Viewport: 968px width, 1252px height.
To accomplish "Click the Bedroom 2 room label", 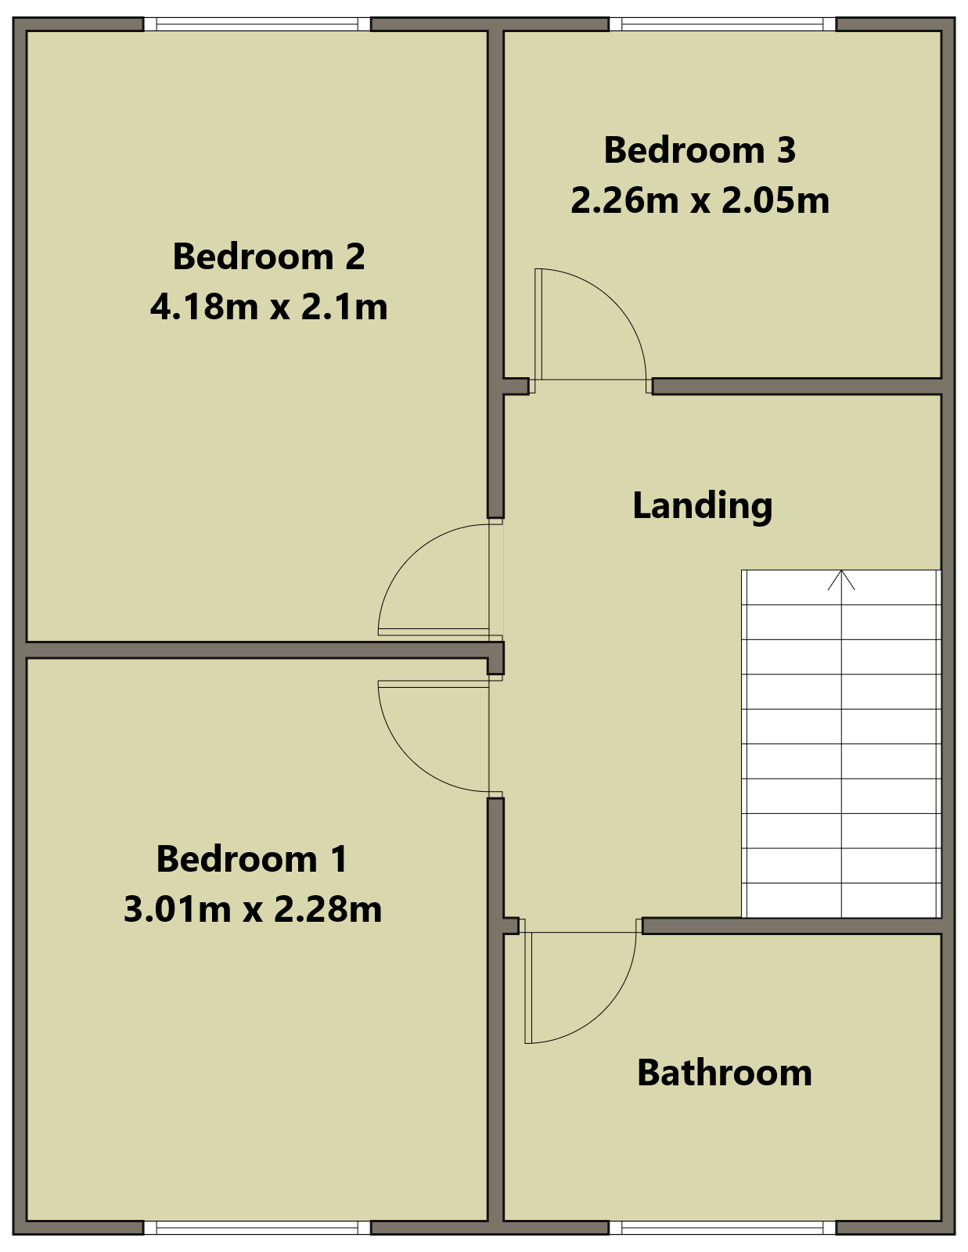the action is pyautogui.click(x=268, y=257).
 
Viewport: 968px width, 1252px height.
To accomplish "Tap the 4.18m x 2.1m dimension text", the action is pyautogui.click(x=268, y=307).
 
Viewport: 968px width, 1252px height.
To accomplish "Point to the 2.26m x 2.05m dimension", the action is pyautogui.click(x=700, y=200).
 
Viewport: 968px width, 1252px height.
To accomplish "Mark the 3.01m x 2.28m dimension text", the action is pyautogui.click(x=253, y=909).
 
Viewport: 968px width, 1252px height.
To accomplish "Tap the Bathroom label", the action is pyautogui.click(x=725, y=1073).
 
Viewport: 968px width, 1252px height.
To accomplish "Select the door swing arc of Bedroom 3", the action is pyautogui.click(x=614, y=300).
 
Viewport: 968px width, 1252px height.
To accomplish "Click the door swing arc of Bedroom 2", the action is pyautogui.click(x=410, y=556).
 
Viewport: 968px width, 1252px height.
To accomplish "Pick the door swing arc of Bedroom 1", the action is pyautogui.click(x=410, y=759).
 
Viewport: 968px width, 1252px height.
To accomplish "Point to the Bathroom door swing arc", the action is pyautogui.click(x=604, y=1009).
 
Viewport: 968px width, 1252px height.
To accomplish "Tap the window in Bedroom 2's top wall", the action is pyautogui.click(x=257, y=24).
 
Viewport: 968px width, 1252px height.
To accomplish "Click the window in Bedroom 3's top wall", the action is pyautogui.click(x=722, y=24).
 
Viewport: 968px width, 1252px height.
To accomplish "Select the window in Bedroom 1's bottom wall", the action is pyautogui.click(x=257, y=1227).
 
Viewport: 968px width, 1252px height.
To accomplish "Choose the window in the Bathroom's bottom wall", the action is pyautogui.click(x=722, y=1227).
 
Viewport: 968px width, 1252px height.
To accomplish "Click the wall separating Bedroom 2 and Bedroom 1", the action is pyautogui.click(x=257, y=650).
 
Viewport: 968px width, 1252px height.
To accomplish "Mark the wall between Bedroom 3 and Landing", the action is pyautogui.click(x=797, y=386).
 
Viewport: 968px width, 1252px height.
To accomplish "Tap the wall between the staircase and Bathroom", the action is pyautogui.click(x=792, y=926).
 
